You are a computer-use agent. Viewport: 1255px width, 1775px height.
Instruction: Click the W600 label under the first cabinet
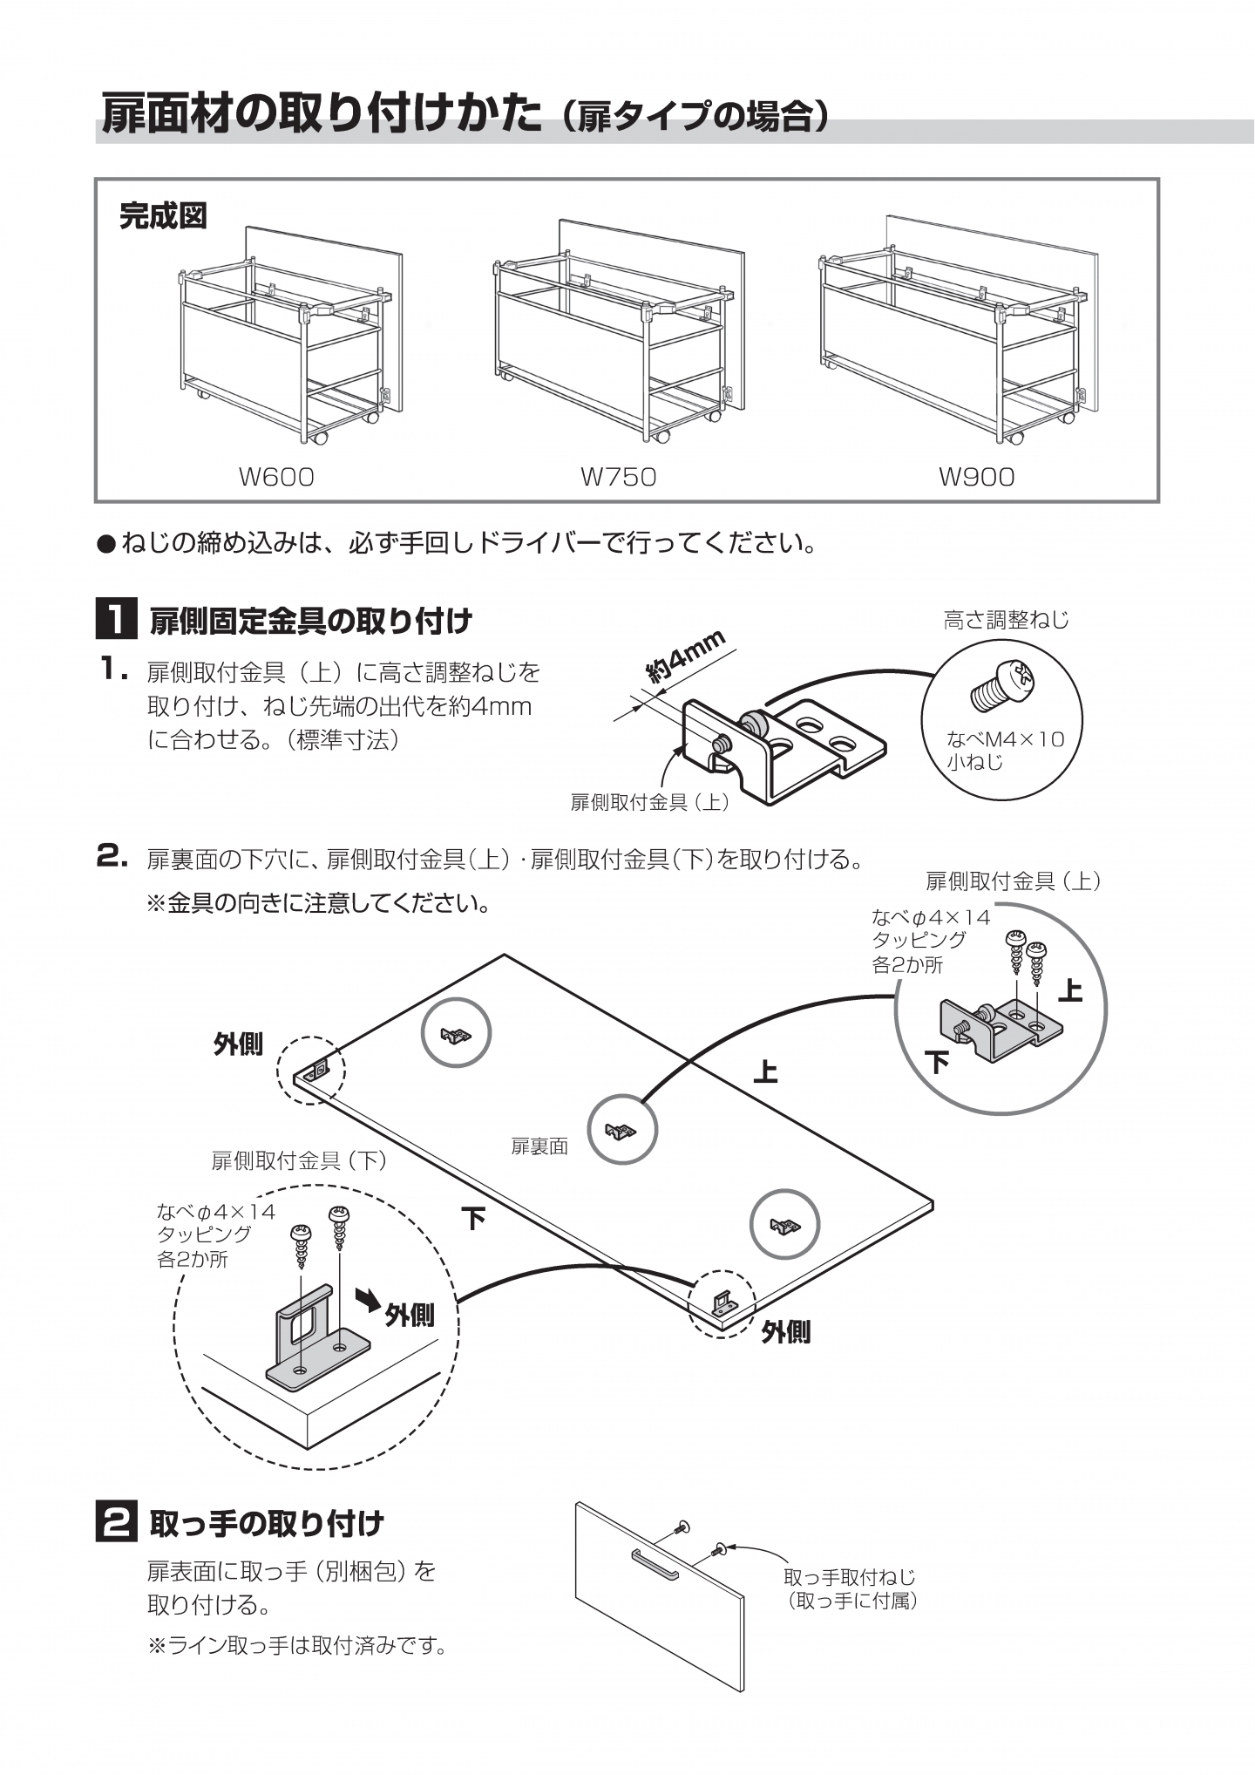(276, 477)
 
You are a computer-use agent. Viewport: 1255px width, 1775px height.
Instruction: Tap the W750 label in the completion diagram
(619, 477)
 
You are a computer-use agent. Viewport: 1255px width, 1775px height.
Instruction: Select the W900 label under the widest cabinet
(976, 477)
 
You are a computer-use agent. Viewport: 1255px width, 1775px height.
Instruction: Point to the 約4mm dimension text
(686, 656)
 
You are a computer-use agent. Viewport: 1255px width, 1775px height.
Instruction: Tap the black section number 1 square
(115, 620)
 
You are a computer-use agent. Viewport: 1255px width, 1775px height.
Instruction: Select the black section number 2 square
(115, 1523)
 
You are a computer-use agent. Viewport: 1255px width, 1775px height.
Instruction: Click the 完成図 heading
(163, 215)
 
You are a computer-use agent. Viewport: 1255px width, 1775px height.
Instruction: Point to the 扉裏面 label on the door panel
(539, 1147)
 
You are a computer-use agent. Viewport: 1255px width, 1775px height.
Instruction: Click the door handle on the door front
(655, 1564)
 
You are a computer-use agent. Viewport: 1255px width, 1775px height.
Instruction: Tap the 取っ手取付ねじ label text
(850, 1576)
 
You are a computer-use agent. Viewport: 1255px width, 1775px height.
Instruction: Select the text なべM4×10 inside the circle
(1006, 740)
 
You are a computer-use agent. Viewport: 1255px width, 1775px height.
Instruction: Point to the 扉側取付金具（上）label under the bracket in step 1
(650, 803)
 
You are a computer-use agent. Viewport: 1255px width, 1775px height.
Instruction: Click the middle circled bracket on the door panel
(621, 1131)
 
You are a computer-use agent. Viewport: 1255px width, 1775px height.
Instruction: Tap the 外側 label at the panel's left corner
(238, 1044)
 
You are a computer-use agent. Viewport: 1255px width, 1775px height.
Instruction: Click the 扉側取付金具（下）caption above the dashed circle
(300, 1160)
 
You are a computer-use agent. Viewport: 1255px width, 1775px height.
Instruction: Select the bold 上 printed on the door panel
(765, 1071)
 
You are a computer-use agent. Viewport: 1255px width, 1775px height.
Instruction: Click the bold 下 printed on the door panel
(473, 1218)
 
